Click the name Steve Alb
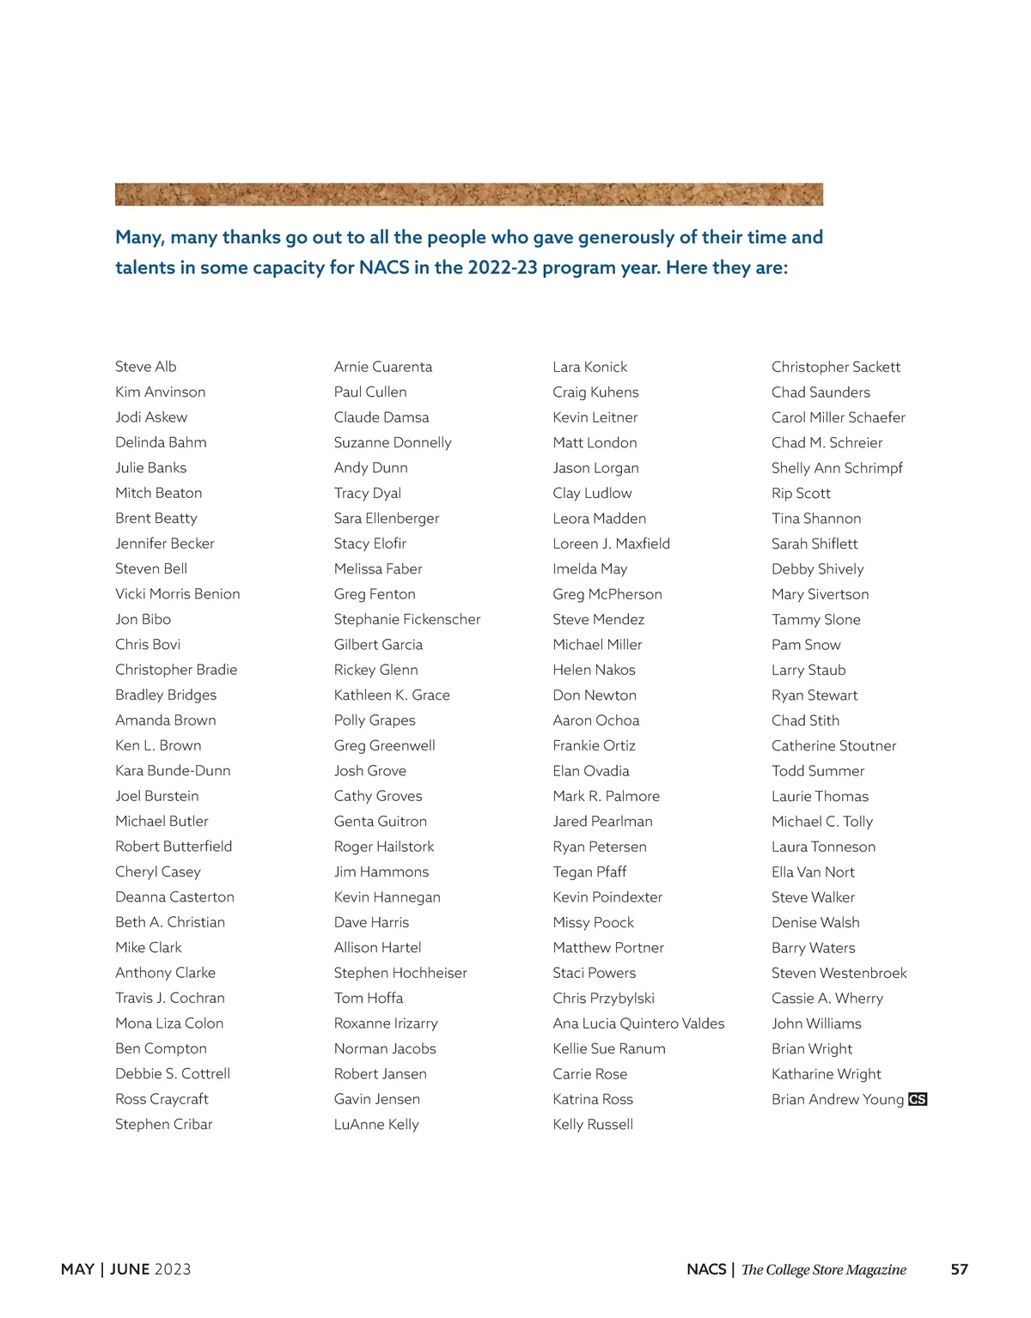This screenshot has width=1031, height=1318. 146,367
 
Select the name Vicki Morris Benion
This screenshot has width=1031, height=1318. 178,594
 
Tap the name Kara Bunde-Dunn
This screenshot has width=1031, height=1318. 173,771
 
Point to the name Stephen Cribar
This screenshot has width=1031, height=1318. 163,1125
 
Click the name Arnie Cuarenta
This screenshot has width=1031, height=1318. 383,367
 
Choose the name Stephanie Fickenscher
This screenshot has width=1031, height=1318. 407,619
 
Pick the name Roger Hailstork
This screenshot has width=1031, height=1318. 384,847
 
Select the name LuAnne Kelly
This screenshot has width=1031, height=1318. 376,1125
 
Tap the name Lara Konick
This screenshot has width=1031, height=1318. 590,367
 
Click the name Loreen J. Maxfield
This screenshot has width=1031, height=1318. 612,544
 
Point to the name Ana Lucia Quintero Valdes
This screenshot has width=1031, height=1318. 638,1023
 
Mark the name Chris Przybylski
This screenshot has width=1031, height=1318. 604,999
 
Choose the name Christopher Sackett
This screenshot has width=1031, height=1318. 836,367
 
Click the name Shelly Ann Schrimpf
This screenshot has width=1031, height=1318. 837,468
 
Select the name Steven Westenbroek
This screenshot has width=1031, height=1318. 839,973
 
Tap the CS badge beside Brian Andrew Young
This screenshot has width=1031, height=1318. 918,1099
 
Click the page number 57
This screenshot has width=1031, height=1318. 960,1269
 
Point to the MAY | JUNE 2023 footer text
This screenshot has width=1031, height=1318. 126,1269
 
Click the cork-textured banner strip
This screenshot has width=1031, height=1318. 469,194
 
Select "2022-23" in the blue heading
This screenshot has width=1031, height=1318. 503,268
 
